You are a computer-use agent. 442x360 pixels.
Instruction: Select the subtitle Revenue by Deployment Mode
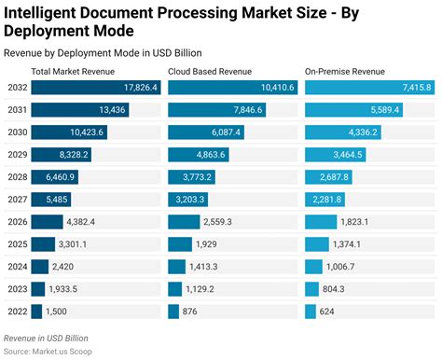click(103, 52)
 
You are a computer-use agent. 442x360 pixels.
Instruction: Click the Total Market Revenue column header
click(73, 72)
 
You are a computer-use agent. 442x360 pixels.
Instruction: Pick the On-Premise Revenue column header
click(344, 72)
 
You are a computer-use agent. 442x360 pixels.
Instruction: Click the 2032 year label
click(16, 88)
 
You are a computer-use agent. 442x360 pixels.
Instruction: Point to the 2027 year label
click(16, 200)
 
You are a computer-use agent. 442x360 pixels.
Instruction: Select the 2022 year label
click(16, 312)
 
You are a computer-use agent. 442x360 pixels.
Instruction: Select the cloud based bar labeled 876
click(173, 312)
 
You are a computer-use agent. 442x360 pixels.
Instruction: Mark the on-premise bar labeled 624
click(310, 312)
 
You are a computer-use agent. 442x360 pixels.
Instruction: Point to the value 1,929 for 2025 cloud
click(207, 244)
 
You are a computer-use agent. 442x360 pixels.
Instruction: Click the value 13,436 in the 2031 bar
click(100, 110)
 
